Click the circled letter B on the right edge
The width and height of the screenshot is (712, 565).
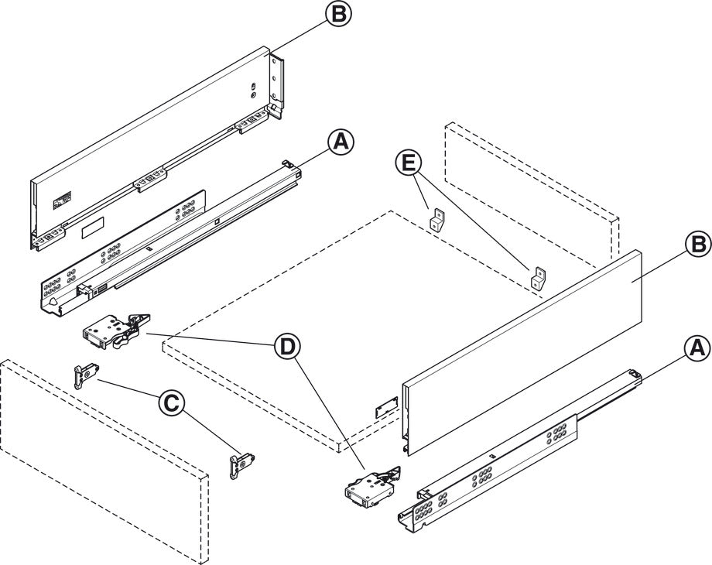[696, 245]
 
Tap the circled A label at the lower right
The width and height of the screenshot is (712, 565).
[696, 350]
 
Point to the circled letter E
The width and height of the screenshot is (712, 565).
[409, 163]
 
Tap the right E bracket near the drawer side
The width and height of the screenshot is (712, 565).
[539, 278]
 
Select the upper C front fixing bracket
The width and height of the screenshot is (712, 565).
[84, 375]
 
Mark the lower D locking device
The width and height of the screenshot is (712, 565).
[370, 488]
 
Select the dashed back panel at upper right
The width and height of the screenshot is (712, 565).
[534, 186]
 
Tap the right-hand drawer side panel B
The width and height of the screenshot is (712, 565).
[526, 348]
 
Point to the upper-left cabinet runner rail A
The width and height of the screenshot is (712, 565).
[170, 240]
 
